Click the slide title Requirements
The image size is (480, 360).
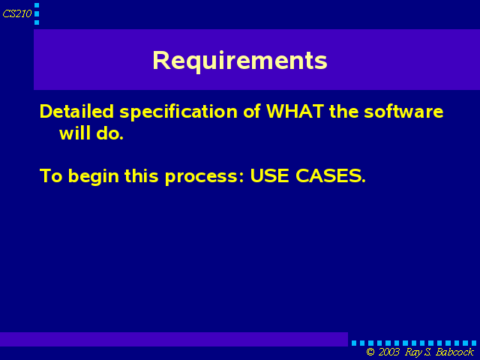pos(240,61)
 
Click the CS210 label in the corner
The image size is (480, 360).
pos(17,13)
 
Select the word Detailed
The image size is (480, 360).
pos(76,111)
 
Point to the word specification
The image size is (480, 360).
pos(178,112)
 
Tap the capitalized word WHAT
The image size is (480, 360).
pos(295,111)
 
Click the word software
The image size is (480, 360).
pos(403,111)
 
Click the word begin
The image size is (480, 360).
pos(93,177)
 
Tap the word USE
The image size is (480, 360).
pos(269,175)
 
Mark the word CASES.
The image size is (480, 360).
pos(331,175)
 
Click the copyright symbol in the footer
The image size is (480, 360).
pos(370,352)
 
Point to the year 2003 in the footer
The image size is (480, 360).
pos(389,352)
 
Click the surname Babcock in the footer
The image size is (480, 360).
pos(454,352)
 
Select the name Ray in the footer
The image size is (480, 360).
pos(412,352)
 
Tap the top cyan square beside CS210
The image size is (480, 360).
pos(37,5)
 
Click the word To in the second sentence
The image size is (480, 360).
pos(51,176)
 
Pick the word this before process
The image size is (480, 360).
pos(142,175)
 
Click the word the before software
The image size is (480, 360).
pos(343,111)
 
